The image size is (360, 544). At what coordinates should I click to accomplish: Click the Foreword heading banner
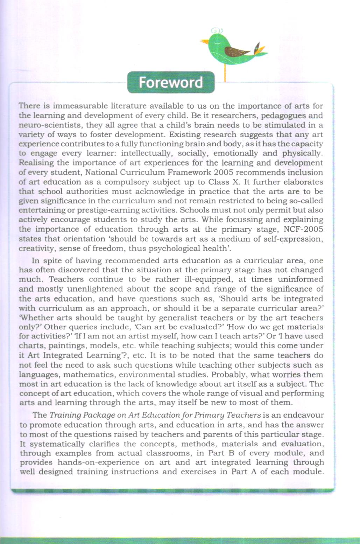pyautogui.click(x=171, y=83)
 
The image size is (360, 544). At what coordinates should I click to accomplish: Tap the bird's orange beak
pyautogui.click(x=205, y=42)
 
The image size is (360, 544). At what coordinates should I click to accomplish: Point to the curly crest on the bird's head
pyautogui.click(x=217, y=30)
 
